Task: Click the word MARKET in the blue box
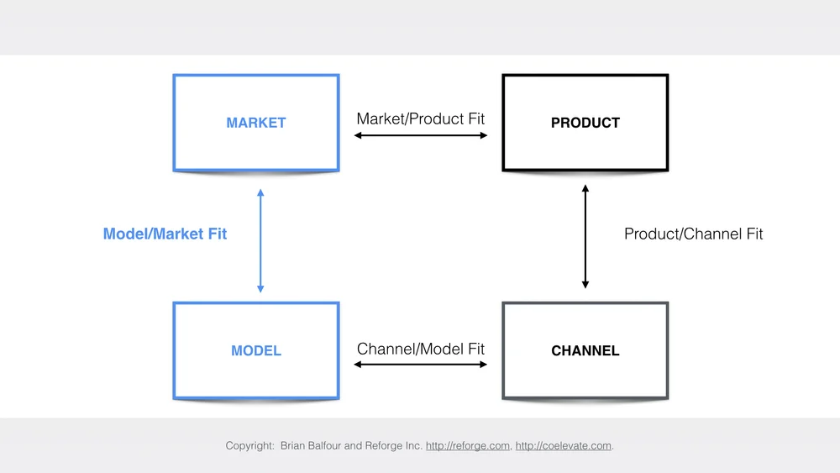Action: coord(256,123)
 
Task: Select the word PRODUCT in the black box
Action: coord(585,123)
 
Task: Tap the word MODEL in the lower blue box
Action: coord(256,350)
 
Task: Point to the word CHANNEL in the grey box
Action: coord(585,350)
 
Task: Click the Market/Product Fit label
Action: coord(421,118)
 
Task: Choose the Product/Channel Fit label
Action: coord(693,234)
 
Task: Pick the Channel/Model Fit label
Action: coord(421,348)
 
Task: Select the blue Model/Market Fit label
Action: coord(165,234)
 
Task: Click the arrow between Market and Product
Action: coord(421,134)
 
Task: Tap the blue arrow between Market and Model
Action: coord(260,241)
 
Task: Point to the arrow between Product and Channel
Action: coord(585,237)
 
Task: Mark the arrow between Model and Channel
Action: coord(421,364)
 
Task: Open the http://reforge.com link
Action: coord(468,445)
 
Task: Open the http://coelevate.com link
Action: coord(563,445)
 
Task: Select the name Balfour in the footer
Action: coord(333,445)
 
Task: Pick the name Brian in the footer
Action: coord(295,445)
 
